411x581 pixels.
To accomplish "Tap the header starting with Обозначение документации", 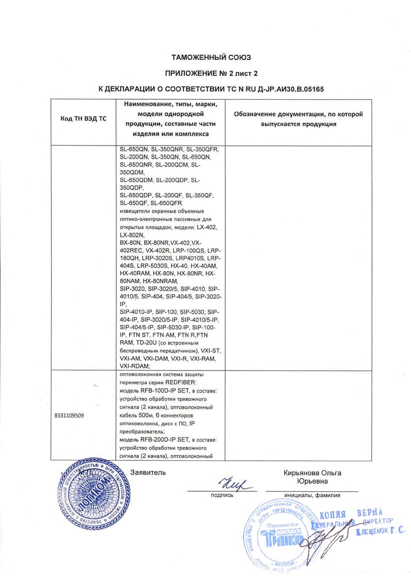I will coord(299,119).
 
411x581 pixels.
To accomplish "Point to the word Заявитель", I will coord(148,472).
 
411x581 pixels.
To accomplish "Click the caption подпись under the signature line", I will coord(222,496).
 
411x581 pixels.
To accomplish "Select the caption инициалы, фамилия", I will coord(312,496).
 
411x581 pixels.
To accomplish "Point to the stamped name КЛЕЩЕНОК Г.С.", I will coord(381,532).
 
